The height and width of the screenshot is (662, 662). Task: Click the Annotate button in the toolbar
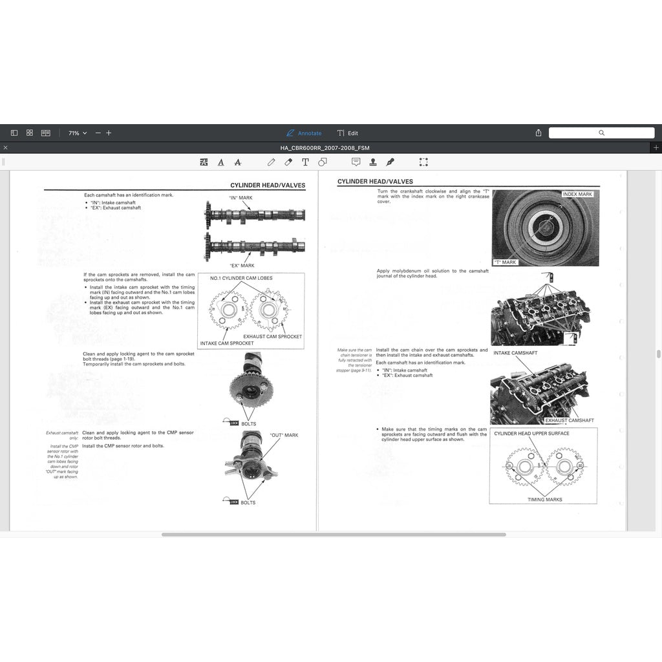coord(304,133)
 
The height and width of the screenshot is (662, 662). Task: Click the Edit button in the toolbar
coord(348,133)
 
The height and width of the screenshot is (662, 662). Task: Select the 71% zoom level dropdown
coord(77,133)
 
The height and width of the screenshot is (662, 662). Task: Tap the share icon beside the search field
coord(539,133)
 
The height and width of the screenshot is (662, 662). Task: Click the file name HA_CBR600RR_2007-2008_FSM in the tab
coord(325,148)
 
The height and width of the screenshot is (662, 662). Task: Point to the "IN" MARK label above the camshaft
coord(241,197)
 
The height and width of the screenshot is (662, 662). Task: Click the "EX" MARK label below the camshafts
coord(242,266)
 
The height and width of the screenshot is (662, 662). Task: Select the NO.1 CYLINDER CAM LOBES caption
coord(241,279)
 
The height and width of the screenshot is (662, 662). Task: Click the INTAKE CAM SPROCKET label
coord(227,343)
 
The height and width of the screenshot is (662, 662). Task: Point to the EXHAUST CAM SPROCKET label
coord(272,337)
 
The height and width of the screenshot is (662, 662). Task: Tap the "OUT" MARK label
coord(284,435)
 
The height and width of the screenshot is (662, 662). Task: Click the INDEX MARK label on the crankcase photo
coord(577,195)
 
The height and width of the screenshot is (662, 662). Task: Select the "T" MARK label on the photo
coord(505,262)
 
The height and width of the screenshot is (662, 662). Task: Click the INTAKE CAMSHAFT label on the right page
coord(515,353)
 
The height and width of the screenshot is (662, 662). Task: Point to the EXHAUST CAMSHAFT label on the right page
coord(570,420)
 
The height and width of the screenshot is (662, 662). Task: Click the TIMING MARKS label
coord(544,500)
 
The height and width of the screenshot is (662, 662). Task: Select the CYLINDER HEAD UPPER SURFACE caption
coord(531,434)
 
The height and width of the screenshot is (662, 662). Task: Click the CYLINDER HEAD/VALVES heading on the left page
coord(268,186)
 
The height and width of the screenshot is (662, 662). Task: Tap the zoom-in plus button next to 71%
coord(109,133)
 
